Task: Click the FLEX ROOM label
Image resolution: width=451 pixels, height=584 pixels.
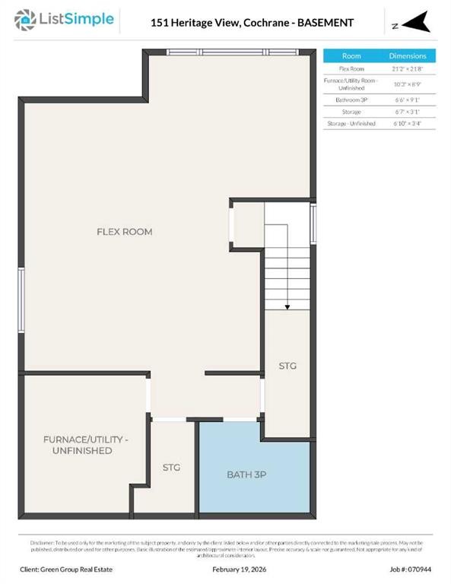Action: pos(124,231)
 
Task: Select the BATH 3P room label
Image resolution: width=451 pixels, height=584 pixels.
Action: pos(246,474)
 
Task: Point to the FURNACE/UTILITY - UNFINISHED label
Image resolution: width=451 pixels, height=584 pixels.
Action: pos(84,446)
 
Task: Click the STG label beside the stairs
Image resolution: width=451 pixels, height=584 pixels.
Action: pos(287,366)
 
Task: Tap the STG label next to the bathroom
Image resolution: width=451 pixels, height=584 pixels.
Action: pos(171,468)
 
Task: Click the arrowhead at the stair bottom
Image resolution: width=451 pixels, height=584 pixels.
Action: pos(287,306)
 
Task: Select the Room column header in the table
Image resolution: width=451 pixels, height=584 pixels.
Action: pos(351,56)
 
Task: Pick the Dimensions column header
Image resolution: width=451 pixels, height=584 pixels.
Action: pos(408,56)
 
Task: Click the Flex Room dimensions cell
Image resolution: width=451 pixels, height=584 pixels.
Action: pos(408,68)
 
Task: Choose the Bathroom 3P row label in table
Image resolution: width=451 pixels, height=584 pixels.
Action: pos(351,100)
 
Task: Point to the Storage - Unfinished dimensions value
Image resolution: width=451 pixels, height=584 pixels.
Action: pos(408,123)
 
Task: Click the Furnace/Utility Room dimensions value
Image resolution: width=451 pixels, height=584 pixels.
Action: pos(408,84)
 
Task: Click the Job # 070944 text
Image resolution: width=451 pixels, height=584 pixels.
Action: pos(411,568)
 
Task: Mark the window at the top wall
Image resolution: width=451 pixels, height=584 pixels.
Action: pos(241,52)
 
